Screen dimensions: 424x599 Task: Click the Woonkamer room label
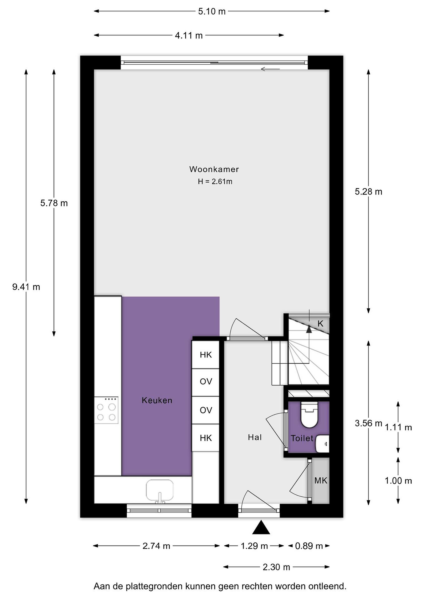214,169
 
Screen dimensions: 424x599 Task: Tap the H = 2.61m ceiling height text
215,181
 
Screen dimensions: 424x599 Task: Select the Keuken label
157,400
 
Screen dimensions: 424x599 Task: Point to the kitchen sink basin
159,490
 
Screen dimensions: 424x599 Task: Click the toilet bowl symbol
309,415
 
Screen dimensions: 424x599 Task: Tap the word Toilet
302,438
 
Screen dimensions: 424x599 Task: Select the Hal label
255,437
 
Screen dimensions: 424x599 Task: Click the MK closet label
321,481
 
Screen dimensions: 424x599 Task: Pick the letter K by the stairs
320,324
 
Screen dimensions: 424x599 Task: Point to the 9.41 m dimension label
26,287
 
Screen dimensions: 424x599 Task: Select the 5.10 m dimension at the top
212,11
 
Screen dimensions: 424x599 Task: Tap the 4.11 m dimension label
189,35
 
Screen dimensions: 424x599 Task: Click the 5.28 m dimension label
368,192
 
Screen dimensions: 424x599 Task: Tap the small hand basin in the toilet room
322,443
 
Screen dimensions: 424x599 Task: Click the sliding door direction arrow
270,69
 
